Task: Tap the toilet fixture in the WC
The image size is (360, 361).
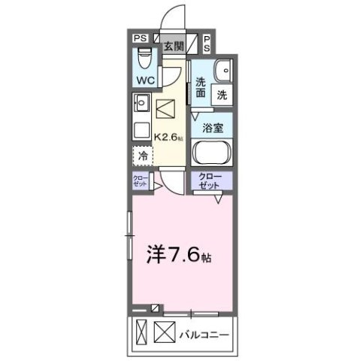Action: (146, 56)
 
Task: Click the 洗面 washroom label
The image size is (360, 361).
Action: (201, 89)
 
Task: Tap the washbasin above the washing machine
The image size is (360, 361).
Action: (222, 69)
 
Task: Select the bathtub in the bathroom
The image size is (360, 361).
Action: (212, 153)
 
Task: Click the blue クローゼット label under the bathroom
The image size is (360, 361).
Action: (212, 180)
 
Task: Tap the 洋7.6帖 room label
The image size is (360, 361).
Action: (177, 254)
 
